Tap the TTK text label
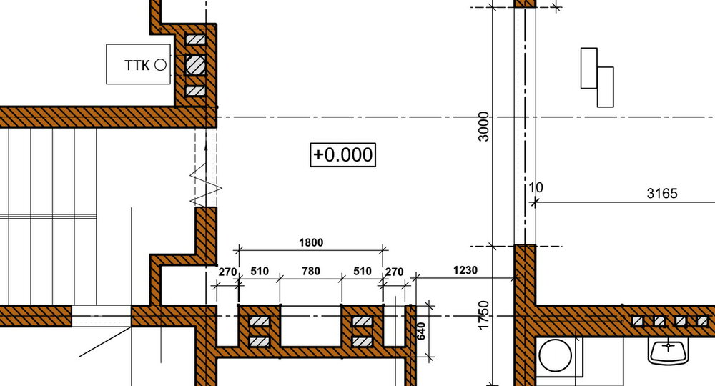[x=137, y=65]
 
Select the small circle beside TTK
[x=160, y=65]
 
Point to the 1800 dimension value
[x=310, y=242]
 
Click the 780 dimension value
[x=310, y=272]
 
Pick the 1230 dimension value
[x=465, y=270]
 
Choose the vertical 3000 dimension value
[x=484, y=127]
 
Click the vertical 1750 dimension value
[x=484, y=315]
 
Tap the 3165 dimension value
[x=661, y=193]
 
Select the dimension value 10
[x=536, y=188]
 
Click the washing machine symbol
[x=554, y=355]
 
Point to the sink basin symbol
[x=669, y=350]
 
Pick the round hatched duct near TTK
[x=195, y=65]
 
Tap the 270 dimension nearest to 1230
[x=394, y=272]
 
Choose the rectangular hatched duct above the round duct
[x=195, y=39]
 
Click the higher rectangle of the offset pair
[x=588, y=68]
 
